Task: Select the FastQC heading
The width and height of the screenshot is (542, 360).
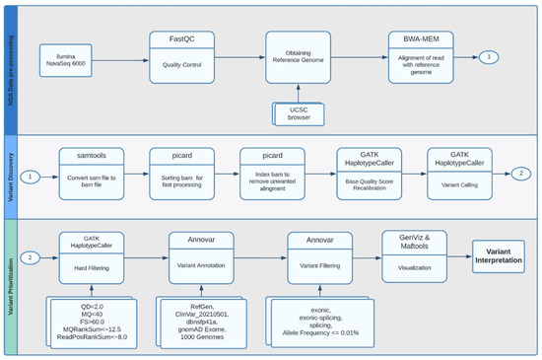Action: coord(181,41)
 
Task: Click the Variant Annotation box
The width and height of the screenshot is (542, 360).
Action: coord(200,257)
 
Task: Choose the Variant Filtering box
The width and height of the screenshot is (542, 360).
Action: coord(320,257)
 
